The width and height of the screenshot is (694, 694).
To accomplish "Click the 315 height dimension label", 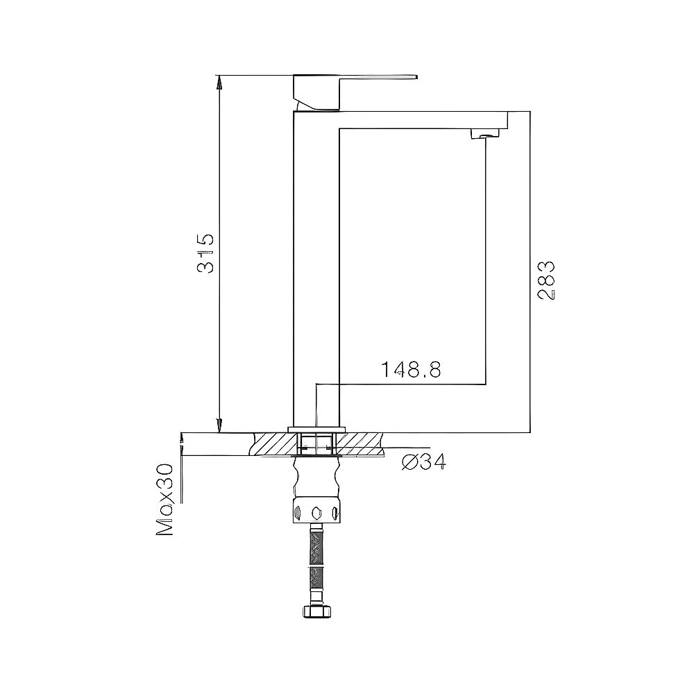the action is [205, 253].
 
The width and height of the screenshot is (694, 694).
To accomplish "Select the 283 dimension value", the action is [545, 280].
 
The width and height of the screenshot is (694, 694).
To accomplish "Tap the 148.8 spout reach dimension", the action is [411, 370].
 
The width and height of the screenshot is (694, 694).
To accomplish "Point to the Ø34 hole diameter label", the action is [424, 462].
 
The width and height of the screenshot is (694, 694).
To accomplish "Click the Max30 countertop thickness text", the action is [165, 500].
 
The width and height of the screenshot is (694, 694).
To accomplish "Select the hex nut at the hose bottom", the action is [316, 611].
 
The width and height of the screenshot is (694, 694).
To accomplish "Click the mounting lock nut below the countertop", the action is [316, 512].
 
